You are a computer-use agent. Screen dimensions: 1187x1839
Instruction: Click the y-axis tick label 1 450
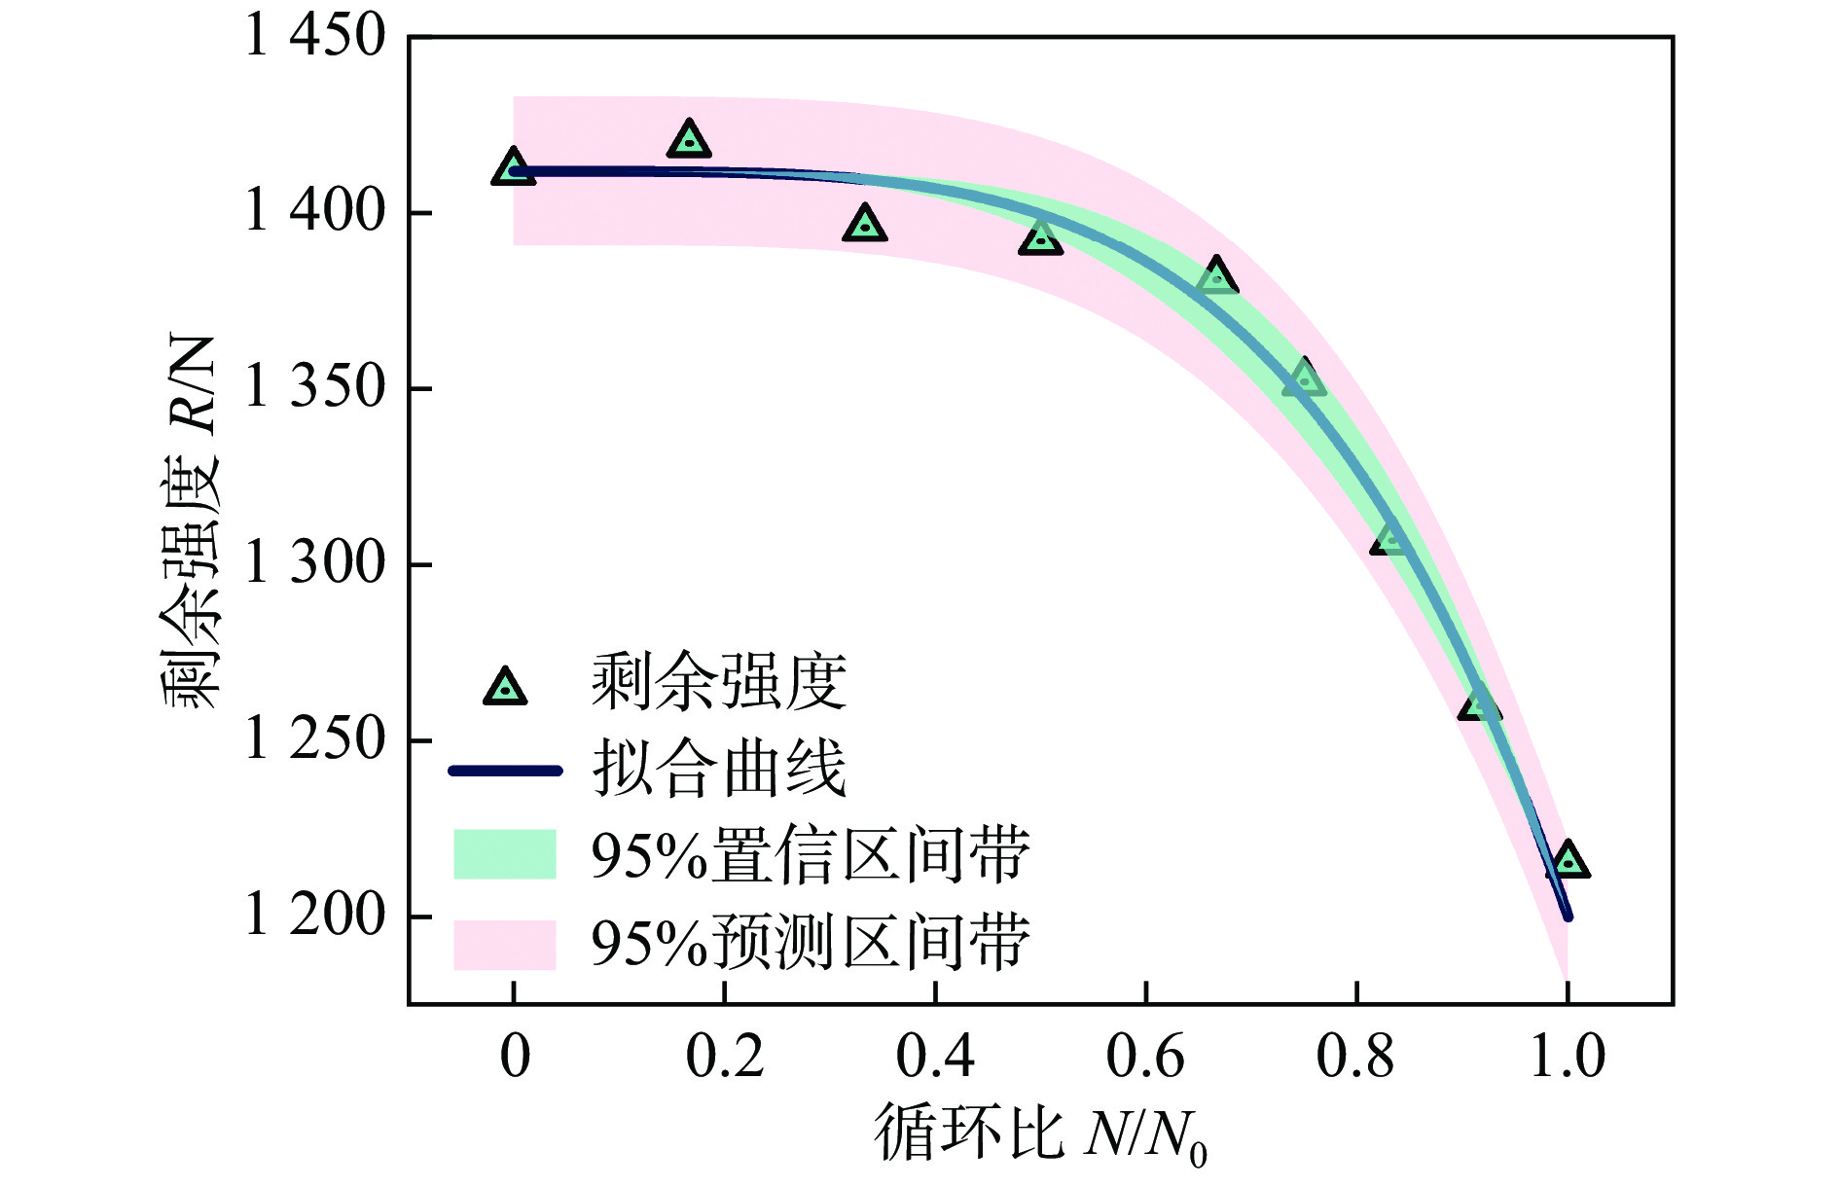[315, 37]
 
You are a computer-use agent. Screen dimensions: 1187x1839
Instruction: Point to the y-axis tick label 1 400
[315, 211]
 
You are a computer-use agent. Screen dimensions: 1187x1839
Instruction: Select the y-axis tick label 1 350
[315, 387]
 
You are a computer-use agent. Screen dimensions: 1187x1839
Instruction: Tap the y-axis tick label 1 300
[315, 563]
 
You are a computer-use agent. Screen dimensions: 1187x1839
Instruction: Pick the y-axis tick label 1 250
[315, 739]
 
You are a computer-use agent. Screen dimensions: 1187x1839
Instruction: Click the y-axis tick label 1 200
[315, 916]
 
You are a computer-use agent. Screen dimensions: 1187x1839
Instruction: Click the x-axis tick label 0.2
[725, 1057]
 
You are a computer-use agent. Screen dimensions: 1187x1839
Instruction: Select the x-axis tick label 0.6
[1145, 1057]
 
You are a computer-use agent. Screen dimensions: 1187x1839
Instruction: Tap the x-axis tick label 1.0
[1567, 1057]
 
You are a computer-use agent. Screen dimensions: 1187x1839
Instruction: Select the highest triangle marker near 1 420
[689, 140]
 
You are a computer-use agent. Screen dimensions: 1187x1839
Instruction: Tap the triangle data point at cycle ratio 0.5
[1040, 237]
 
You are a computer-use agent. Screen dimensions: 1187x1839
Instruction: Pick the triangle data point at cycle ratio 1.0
[1567, 861]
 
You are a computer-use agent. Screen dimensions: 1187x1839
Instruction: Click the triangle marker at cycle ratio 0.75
[1304, 378]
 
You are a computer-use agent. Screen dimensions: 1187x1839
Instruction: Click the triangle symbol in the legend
[505, 688]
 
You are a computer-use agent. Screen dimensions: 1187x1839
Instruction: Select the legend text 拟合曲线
[718, 770]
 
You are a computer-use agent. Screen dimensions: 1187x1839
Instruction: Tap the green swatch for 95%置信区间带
[504, 854]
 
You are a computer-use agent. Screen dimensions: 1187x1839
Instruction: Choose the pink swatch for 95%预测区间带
[504, 944]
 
